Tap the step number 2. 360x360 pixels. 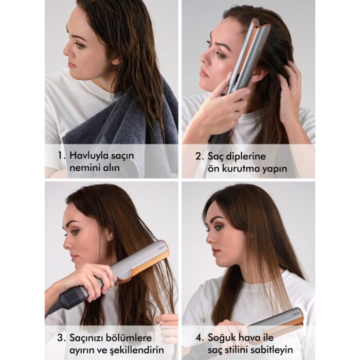[x=200, y=157]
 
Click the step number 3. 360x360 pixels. [x=61, y=338]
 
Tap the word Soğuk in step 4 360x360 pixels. [x=222, y=337]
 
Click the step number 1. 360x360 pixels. [x=61, y=156]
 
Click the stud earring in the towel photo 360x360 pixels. [x=113, y=62]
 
